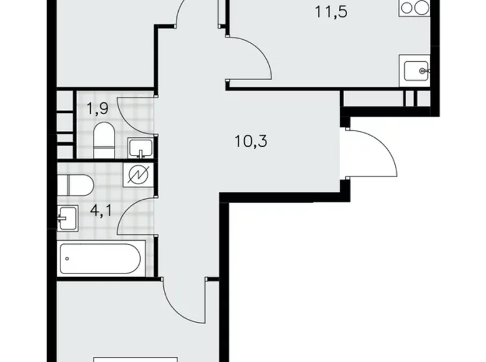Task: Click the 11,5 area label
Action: click(x=331, y=12)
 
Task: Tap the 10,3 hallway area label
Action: click(x=251, y=142)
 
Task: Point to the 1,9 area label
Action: click(x=98, y=109)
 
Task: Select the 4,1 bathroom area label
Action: click(x=101, y=211)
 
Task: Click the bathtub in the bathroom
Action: click(x=101, y=258)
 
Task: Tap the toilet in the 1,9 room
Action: click(x=104, y=140)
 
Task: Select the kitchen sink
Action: click(x=416, y=71)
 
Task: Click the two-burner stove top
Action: click(x=414, y=7)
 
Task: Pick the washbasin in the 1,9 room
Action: click(x=140, y=148)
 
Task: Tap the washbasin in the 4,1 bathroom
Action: click(x=67, y=218)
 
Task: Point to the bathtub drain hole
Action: click(x=67, y=258)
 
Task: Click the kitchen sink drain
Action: click(x=422, y=71)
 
